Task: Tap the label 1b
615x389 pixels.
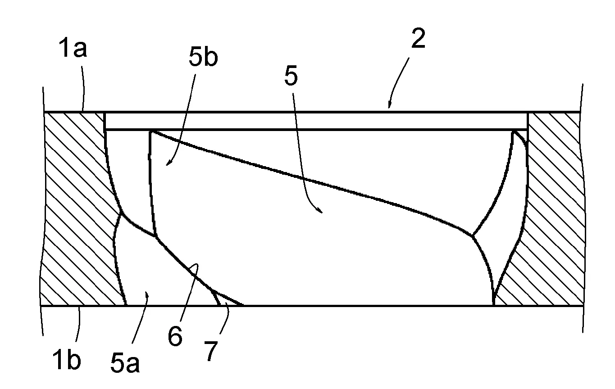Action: (67, 359)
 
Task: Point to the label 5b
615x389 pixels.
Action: (203, 57)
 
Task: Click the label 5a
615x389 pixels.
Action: (125, 362)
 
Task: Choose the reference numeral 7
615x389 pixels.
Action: (210, 351)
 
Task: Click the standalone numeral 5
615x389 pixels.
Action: (291, 76)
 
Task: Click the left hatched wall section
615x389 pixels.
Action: (80, 208)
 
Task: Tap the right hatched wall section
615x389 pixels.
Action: (552, 208)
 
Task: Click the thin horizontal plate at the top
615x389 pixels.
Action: (316, 121)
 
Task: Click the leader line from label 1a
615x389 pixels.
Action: (83, 88)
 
